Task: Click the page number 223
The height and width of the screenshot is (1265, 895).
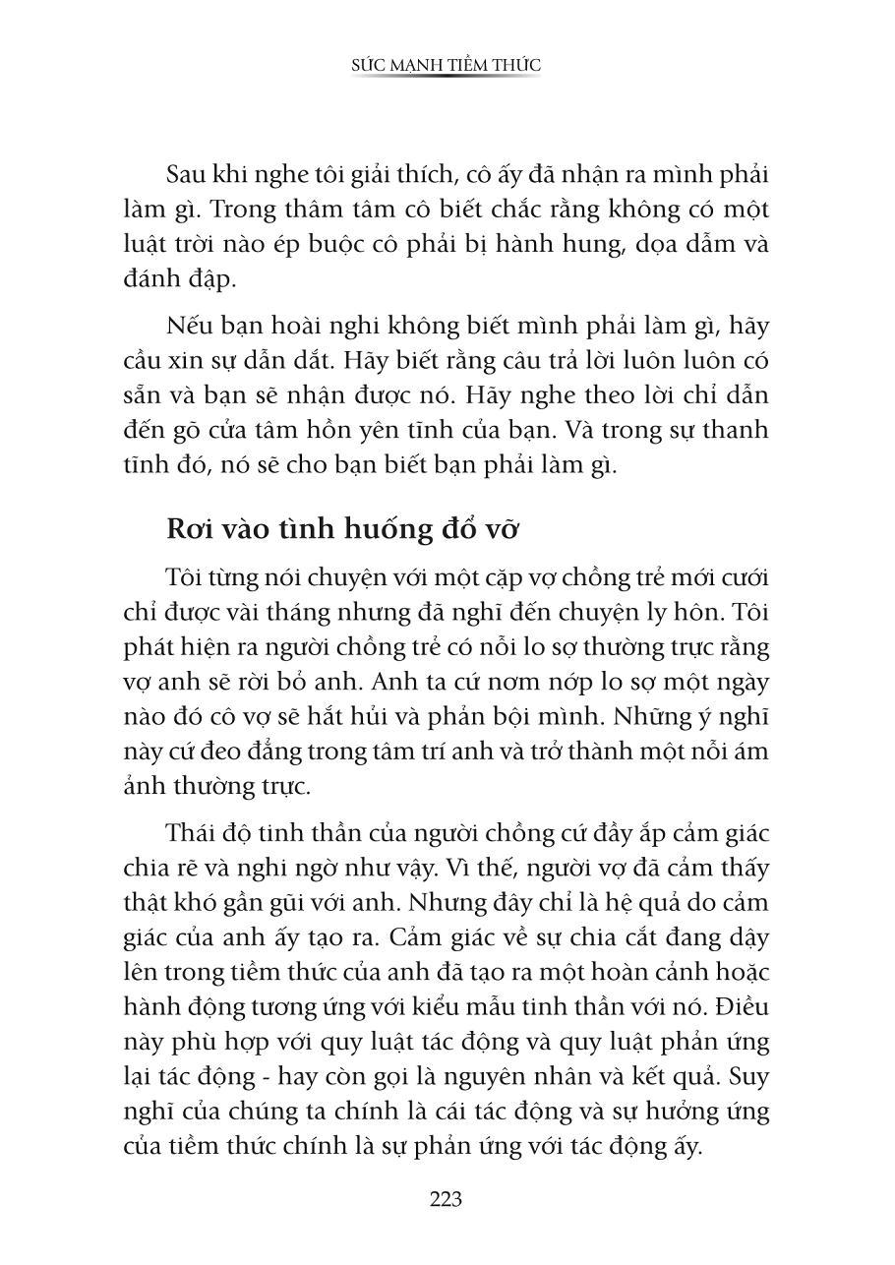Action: [x=446, y=1199]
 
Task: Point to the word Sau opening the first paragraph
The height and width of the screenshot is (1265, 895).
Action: [x=187, y=174]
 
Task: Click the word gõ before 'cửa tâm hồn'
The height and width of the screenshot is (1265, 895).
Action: [x=185, y=430]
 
